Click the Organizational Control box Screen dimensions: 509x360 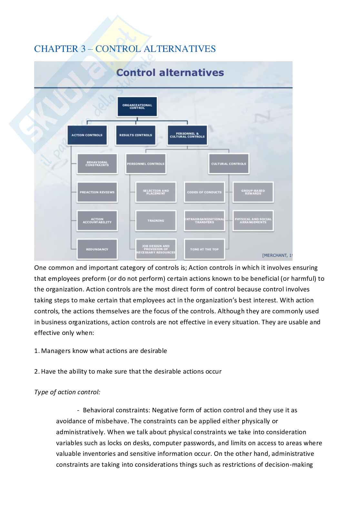137,107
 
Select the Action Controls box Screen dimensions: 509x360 87,135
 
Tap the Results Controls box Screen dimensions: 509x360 135,135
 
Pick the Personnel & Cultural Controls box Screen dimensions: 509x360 187,135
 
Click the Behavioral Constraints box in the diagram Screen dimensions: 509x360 97,164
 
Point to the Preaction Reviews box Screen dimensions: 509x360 97,192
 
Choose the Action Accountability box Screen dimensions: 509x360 97,221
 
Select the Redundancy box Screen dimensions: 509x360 97,249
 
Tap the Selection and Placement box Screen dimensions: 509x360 156,192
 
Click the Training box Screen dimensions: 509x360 156,221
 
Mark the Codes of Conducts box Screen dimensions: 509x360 204,192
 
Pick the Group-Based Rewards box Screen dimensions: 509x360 253,192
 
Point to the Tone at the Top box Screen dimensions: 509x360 204,249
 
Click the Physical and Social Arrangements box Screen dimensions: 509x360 253,221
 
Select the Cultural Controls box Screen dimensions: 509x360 229,164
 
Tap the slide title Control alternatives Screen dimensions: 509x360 170,73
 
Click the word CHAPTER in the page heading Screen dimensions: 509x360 55,49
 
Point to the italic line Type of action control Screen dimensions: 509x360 67,392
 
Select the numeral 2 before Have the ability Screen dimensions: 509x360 36,371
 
